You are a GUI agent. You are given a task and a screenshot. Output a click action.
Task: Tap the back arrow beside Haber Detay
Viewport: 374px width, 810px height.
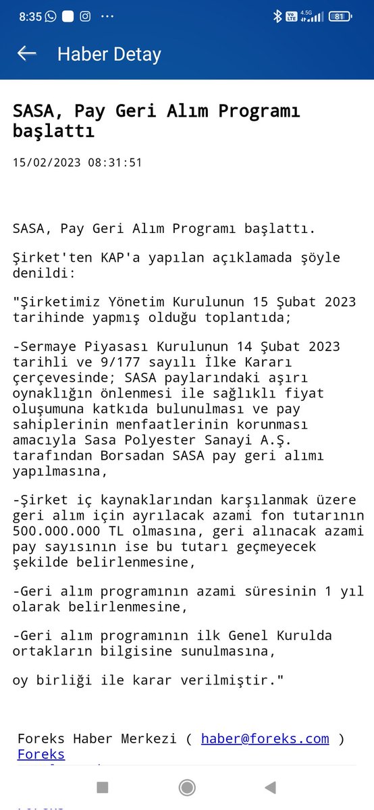coord(27,53)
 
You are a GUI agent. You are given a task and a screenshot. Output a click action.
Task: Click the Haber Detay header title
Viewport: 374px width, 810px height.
coord(109,54)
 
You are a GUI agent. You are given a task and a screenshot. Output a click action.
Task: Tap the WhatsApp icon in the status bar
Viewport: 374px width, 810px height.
coord(51,17)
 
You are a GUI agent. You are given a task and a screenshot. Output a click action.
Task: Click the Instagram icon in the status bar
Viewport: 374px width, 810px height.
coord(85,17)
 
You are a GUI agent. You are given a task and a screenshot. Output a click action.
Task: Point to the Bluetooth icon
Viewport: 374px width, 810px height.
coord(277,18)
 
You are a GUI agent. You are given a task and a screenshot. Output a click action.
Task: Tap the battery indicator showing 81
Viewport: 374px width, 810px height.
coord(339,18)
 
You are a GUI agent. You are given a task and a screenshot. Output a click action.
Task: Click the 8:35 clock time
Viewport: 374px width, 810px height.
coord(30,18)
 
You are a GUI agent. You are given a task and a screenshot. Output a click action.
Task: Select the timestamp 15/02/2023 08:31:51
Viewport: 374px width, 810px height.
coord(78,163)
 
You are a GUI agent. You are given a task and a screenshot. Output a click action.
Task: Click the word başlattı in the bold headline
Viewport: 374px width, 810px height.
coord(53,132)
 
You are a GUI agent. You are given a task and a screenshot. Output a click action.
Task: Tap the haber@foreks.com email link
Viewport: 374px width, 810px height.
coord(265,738)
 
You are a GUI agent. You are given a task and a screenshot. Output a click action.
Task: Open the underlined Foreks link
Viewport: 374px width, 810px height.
coord(41,754)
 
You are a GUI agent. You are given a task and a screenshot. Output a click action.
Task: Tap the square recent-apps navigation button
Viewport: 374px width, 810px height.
coord(102,786)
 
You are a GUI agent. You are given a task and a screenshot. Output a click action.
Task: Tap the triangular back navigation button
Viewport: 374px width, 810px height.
coord(270,786)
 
